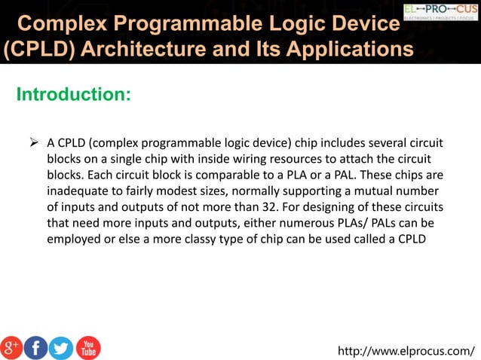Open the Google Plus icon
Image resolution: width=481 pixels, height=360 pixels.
click(x=12, y=347)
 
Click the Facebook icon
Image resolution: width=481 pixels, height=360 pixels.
click(x=36, y=347)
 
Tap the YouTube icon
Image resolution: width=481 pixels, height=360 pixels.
click(x=87, y=347)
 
